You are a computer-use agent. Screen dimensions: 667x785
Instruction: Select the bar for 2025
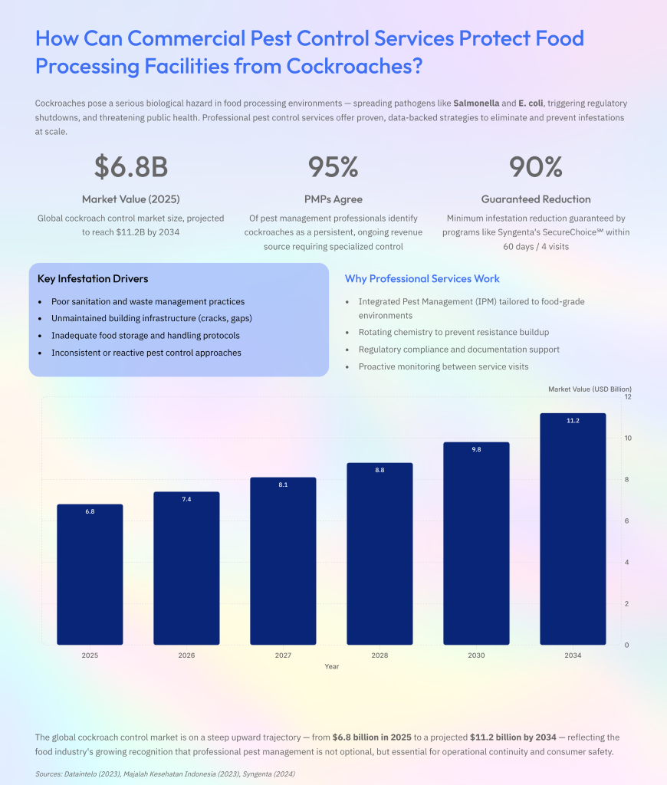[90, 574]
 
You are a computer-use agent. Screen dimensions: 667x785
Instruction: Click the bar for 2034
[573, 529]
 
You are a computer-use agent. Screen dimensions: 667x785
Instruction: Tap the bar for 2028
[379, 553]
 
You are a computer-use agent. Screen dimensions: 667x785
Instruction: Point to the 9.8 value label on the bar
[476, 449]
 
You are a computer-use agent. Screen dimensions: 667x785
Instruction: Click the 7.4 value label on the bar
[186, 499]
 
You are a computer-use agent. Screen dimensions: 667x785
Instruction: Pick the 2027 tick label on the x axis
[283, 655]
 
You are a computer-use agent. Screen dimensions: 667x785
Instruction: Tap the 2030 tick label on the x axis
[476, 655]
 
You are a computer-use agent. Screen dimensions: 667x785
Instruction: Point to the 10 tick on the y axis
[628, 438]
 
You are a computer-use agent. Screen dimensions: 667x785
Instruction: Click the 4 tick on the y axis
[626, 562]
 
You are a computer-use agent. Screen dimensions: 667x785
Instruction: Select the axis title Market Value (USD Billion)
[590, 389]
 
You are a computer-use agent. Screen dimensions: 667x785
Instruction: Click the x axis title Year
[331, 666]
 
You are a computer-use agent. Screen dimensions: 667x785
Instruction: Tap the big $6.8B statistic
[131, 166]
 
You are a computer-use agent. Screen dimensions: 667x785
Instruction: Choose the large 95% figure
[333, 166]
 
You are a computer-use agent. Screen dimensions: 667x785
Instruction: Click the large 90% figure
[536, 166]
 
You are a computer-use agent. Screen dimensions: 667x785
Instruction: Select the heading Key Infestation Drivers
[93, 279]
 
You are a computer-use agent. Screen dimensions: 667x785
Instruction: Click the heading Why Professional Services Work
[422, 279]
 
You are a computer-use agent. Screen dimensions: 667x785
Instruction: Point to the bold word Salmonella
[476, 103]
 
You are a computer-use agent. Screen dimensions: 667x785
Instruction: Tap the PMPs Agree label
[333, 199]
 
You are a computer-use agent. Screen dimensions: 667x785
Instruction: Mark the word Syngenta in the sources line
[258, 774]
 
